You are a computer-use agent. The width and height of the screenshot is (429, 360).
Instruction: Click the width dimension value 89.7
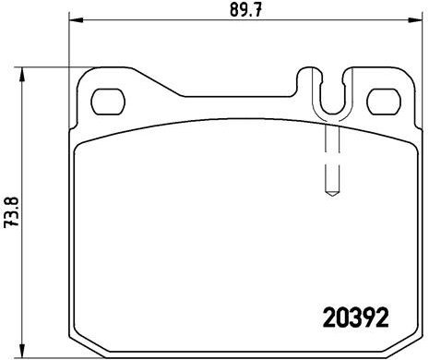pos(241,11)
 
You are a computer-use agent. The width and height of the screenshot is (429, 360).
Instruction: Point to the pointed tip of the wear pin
pos(330,193)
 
